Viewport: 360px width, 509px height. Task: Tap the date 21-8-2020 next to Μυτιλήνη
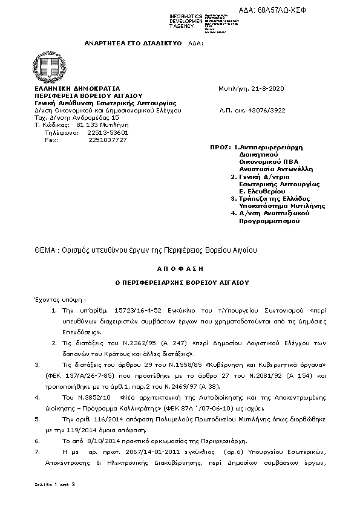pos(269,88)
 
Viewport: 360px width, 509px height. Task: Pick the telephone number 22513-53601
pos(108,132)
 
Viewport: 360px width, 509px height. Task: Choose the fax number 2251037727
pos(107,140)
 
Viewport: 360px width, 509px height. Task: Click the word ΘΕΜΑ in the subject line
pos(45,250)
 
